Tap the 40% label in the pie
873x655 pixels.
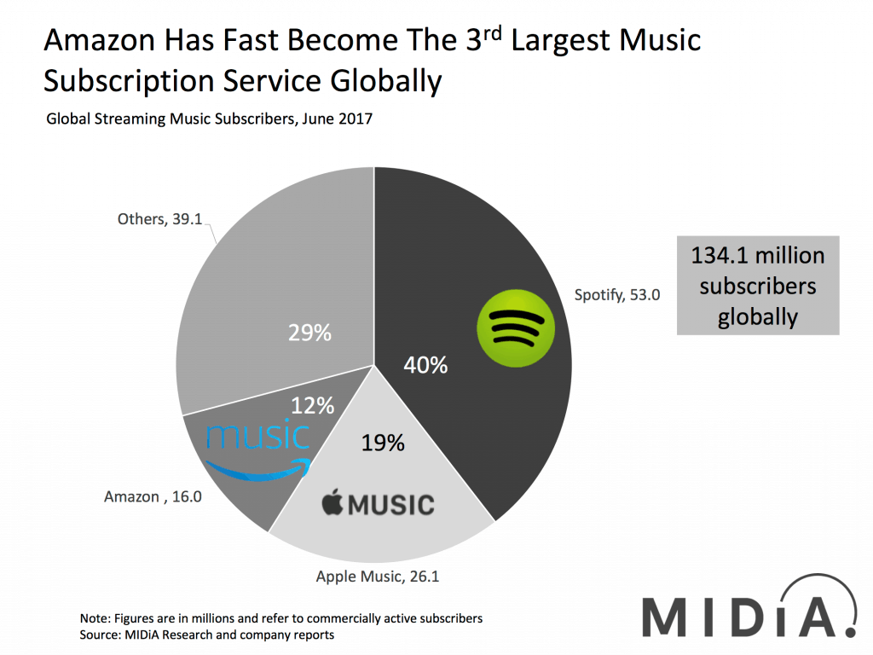point(425,365)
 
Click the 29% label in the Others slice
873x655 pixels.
point(308,332)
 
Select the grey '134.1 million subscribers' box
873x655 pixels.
point(758,286)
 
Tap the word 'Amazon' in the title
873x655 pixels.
point(102,40)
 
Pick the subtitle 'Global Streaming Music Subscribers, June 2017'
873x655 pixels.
point(209,119)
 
